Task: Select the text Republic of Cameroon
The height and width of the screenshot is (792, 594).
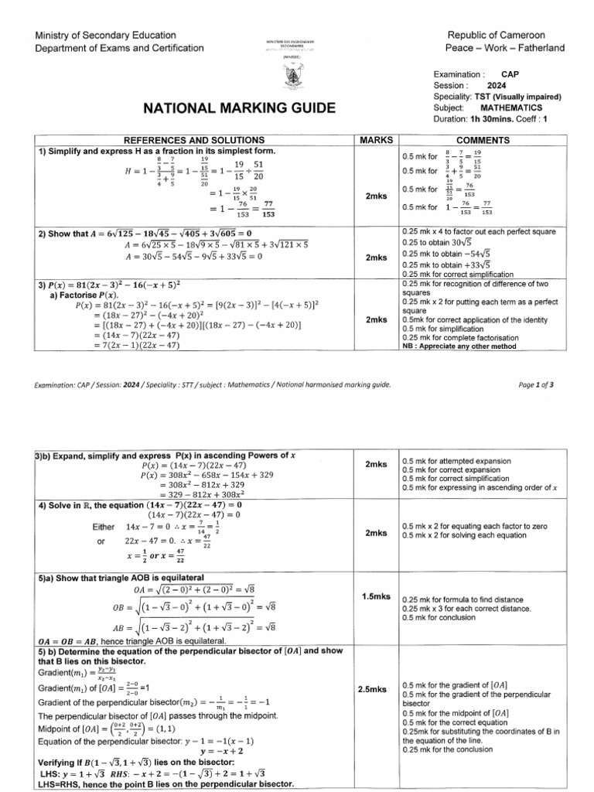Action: point(507,36)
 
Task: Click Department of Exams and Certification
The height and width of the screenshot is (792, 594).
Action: point(120,48)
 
